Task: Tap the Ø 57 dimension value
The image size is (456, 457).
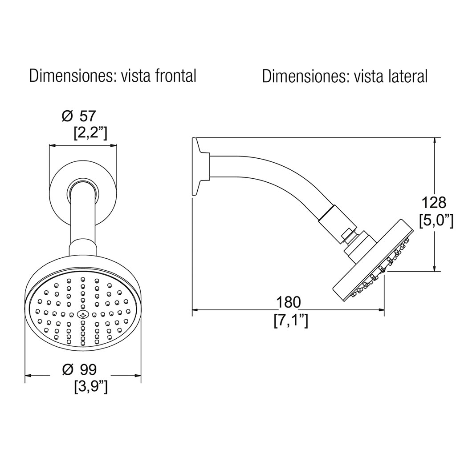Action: pos(79,116)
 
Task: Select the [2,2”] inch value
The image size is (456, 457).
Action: pos(90,134)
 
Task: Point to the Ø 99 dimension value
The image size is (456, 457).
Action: pos(79,369)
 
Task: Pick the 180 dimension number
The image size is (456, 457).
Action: pos(289,302)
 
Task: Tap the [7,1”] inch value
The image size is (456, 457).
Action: pos(291,321)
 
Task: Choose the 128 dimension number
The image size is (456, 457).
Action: pos(434,202)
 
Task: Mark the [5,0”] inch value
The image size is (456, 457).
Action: pos(436,220)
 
